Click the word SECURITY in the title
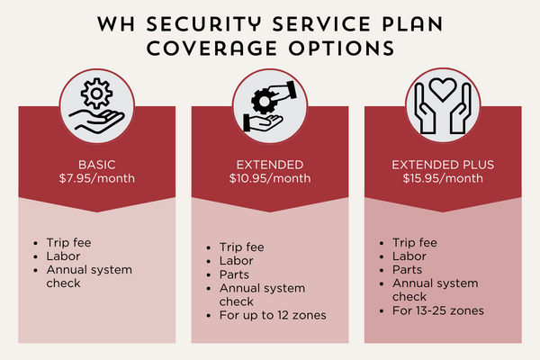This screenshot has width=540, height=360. pyautogui.click(x=205, y=24)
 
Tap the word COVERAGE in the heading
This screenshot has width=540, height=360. pyautogui.click(x=211, y=49)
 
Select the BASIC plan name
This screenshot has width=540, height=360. pyautogui.click(x=97, y=165)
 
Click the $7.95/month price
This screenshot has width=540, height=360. pyautogui.click(x=97, y=178)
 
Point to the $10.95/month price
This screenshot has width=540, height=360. pyautogui.click(x=270, y=178)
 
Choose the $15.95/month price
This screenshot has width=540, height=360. pyautogui.click(x=443, y=178)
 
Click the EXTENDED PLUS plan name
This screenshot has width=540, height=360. pyautogui.click(x=443, y=165)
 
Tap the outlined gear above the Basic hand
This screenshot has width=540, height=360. pyautogui.click(x=96, y=94)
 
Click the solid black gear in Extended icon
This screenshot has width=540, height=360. pyautogui.click(x=264, y=101)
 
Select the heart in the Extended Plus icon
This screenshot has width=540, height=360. pyautogui.click(x=443, y=89)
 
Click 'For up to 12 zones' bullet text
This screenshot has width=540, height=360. pyautogui.click(x=273, y=315)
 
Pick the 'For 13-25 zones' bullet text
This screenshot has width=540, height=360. pyautogui.click(x=438, y=310)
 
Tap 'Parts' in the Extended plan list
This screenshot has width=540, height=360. pyautogui.click(x=234, y=274)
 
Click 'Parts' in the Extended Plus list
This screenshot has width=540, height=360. pyautogui.click(x=407, y=270)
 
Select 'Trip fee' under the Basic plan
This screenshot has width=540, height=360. pyautogui.click(x=69, y=242)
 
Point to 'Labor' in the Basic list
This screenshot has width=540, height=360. pyautogui.click(x=63, y=256)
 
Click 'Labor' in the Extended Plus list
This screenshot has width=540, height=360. pyautogui.click(x=409, y=256)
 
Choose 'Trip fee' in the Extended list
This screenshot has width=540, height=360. pyautogui.click(x=242, y=247)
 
